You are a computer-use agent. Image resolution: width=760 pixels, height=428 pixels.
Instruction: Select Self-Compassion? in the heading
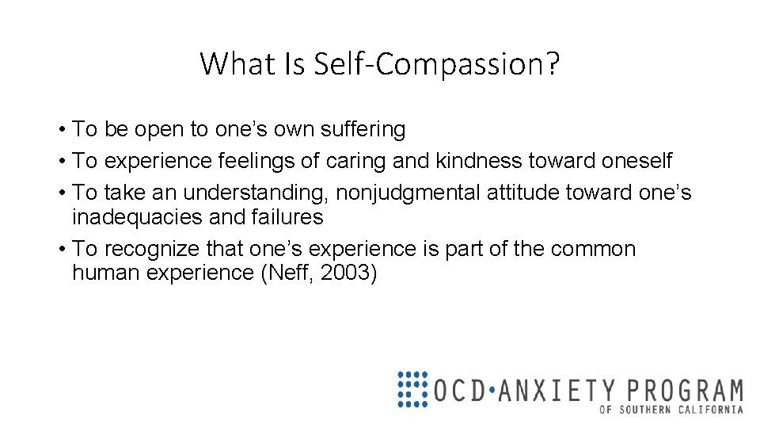[437, 63]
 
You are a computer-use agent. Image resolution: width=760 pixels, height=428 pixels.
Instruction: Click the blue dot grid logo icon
[412, 389]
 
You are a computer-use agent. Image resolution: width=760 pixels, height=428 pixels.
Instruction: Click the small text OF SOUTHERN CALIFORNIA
[671, 410]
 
